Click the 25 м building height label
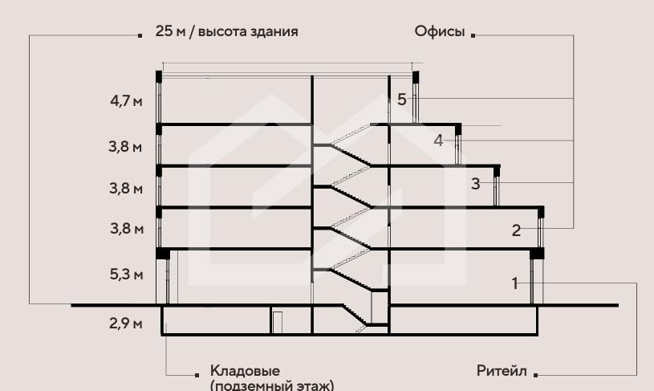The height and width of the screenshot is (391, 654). (227, 33)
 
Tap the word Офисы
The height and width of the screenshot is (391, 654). (440, 33)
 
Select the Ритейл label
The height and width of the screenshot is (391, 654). (502, 372)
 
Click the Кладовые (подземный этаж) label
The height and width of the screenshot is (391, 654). (272, 378)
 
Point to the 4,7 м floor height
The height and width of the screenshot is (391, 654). (127, 102)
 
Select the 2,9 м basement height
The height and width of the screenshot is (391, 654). (127, 324)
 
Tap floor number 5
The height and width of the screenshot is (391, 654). (402, 100)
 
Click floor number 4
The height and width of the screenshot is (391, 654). (438, 141)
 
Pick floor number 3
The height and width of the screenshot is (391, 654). (476, 184)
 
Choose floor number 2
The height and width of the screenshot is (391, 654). (517, 231)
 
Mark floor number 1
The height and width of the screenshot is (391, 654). (514, 283)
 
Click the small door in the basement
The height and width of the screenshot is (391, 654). (277, 322)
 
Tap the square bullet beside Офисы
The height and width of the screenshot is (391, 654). (473, 35)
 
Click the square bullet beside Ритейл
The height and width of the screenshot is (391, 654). (535, 374)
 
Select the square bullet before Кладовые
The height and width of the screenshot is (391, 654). (197, 374)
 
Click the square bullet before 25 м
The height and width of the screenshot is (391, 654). (141, 35)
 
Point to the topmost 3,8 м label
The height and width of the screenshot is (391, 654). (127, 148)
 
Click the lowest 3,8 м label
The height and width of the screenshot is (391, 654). (127, 230)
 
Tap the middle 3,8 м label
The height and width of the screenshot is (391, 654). (127, 189)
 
